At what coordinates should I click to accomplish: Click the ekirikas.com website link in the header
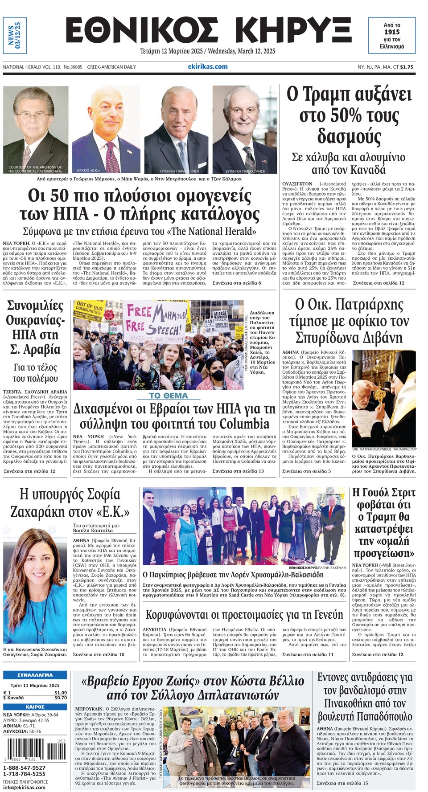pos(207,66)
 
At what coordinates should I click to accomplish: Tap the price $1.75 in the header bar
pos(407,67)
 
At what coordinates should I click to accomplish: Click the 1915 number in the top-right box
pos(391,32)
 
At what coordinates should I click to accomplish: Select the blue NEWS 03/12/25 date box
pos(15,35)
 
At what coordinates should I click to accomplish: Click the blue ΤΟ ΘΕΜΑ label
pos(169,396)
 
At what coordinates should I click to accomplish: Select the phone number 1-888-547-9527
pos(25,768)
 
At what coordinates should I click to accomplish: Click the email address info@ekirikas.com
pos(25,787)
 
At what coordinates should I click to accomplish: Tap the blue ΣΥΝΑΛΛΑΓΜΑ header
pos(35,675)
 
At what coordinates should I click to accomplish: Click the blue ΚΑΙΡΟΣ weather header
pos(35,707)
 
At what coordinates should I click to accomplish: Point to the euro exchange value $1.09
pos(61,693)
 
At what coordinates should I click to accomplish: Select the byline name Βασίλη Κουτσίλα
pos(93,531)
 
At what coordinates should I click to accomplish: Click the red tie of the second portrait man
pos(109,155)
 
